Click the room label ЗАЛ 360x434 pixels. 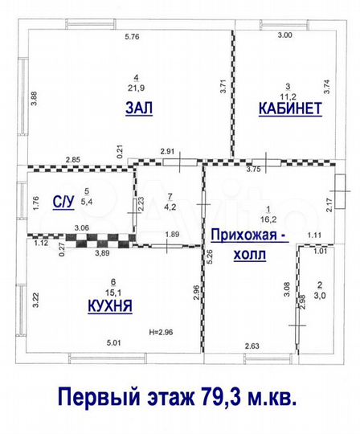pos(139,108)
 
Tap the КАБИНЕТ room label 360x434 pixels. pos(290,108)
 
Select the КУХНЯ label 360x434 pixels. pos(110,306)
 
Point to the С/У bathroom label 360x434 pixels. pos(63,202)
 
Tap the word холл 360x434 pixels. pos(250,254)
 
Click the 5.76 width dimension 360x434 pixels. pos(132,36)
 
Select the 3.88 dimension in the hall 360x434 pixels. pos(34,98)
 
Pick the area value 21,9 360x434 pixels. pos(136,88)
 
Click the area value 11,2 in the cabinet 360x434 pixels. pos(288,96)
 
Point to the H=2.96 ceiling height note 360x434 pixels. pos(161,332)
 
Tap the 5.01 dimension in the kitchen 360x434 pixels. pos(114,343)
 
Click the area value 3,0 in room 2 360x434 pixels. pos(320,296)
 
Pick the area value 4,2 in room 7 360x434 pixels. pos(170,207)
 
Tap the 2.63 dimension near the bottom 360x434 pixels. pos(252,346)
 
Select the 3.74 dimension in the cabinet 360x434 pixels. pos(327,87)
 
